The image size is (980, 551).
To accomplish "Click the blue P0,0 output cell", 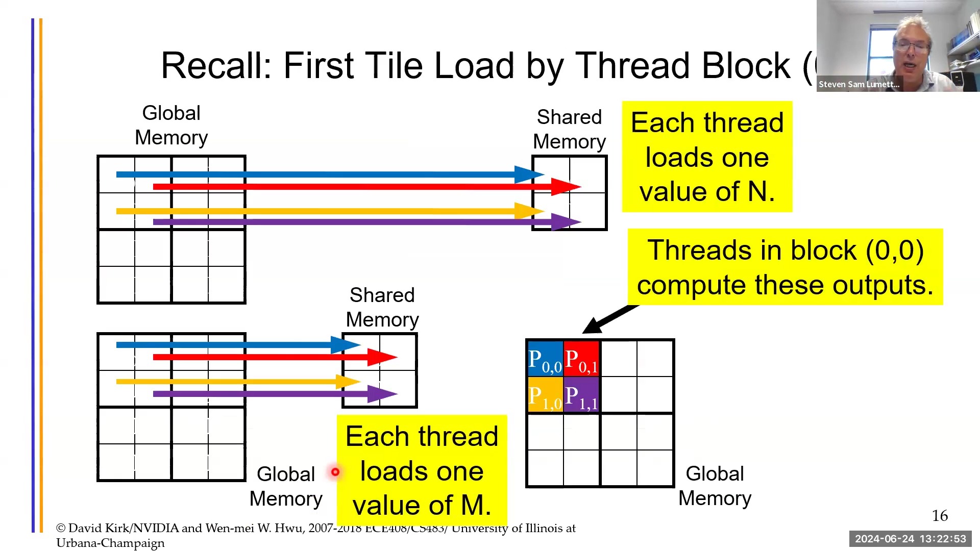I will [545, 359].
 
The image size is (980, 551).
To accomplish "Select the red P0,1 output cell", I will [581, 359].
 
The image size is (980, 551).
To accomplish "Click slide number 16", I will [940, 516].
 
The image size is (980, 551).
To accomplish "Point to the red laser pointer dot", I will [335, 472].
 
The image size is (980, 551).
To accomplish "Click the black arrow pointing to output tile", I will [607, 319].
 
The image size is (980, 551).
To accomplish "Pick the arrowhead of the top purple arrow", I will [567, 222].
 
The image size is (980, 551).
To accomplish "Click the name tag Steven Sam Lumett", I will [859, 84].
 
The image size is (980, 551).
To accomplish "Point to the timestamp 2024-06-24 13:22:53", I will [911, 539].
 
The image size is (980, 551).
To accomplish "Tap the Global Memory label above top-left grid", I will [171, 126].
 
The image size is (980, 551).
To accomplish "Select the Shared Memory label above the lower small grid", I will [382, 307].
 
